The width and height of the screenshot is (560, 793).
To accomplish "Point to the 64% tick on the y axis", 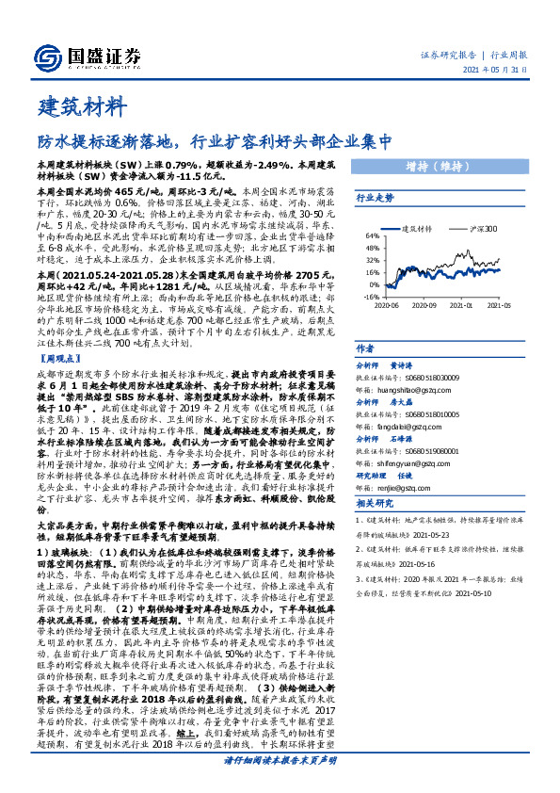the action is [372, 236].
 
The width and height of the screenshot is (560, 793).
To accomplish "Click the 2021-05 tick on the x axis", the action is [499, 305].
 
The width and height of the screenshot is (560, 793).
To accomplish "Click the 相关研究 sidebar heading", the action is [374, 504].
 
